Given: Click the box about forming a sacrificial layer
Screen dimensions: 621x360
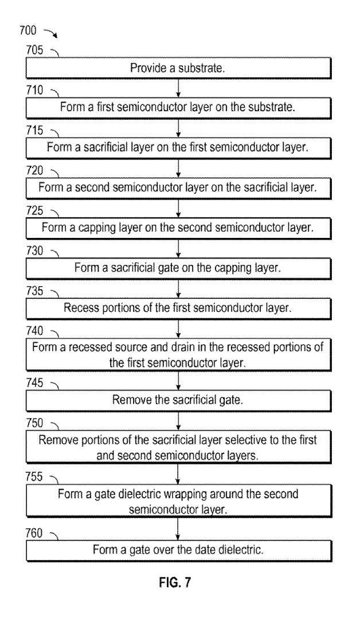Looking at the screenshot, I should click(179, 146).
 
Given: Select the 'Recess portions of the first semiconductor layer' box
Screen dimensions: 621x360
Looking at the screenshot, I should click(179, 307).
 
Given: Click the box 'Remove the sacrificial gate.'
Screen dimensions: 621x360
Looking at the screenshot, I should click(179, 400).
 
